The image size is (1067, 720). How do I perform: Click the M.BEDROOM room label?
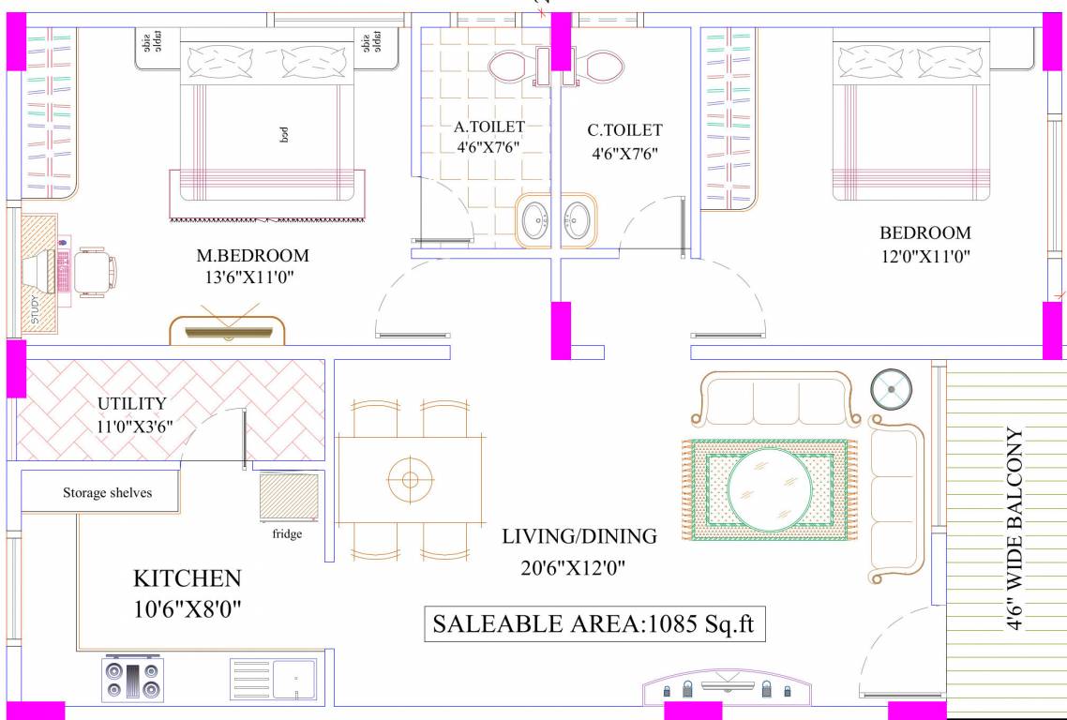click(x=252, y=256)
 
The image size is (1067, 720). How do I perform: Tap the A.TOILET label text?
click(x=489, y=127)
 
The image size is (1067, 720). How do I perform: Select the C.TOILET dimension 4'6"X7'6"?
click(x=624, y=154)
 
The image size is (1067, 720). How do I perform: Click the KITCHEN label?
click(x=188, y=578)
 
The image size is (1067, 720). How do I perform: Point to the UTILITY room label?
click(x=132, y=403)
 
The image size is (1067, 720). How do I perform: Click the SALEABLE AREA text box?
click(x=594, y=624)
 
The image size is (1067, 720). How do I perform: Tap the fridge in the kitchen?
click(x=289, y=498)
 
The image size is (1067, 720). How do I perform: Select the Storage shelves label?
click(x=108, y=493)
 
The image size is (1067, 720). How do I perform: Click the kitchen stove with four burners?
click(x=133, y=679)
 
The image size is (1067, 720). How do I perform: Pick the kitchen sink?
click(x=273, y=679)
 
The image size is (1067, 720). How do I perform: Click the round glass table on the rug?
click(x=769, y=487)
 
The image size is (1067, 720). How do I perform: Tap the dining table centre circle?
click(x=411, y=480)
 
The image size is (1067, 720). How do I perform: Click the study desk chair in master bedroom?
click(x=95, y=272)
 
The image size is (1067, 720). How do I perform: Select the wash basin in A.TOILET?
click(x=533, y=220)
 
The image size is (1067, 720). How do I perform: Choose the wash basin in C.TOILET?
click(x=579, y=220)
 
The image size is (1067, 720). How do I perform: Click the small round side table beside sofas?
click(x=891, y=390)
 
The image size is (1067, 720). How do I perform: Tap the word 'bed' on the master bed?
click(x=284, y=135)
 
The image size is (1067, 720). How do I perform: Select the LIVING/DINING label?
click(x=579, y=536)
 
